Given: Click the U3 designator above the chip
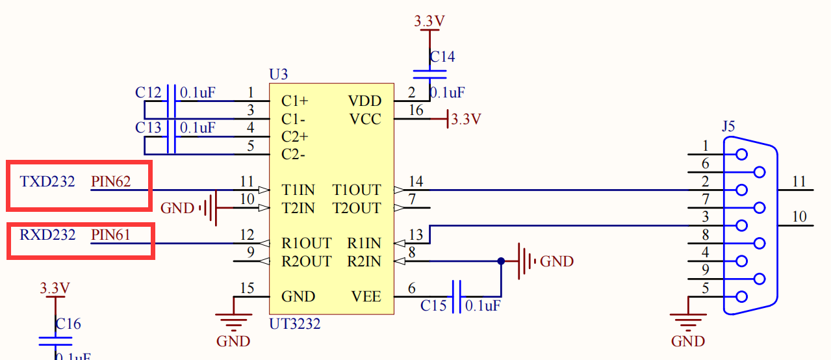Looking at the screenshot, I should [x=278, y=75].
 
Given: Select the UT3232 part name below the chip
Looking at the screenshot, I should [x=294, y=323].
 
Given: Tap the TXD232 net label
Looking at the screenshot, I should [x=47, y=181].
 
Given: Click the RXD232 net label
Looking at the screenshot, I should [x=47, y=235].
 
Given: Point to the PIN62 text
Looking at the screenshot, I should [x=111, y=181].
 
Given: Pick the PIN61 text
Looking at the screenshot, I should [x=111, y=235].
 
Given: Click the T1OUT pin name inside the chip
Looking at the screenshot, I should [x=357, y=190].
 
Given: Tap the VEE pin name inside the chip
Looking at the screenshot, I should [x=366, y=297].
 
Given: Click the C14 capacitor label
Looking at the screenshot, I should [x=442, y=57].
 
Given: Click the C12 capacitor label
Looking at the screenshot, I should [x=148, y=93].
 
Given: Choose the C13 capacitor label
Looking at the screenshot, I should [x=148, y=128].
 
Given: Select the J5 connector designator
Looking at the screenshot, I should [x=728, y=126].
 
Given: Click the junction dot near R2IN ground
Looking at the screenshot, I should [x=501, y=261].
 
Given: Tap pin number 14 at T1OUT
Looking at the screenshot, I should [x=416, y=181].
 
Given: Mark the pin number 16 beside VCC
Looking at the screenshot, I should [x=416, y=110].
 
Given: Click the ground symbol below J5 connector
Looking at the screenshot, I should [x=687, y=320].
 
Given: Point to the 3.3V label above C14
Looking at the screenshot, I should [x=429, y=21].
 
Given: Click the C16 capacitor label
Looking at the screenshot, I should [x=68, y=324].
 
